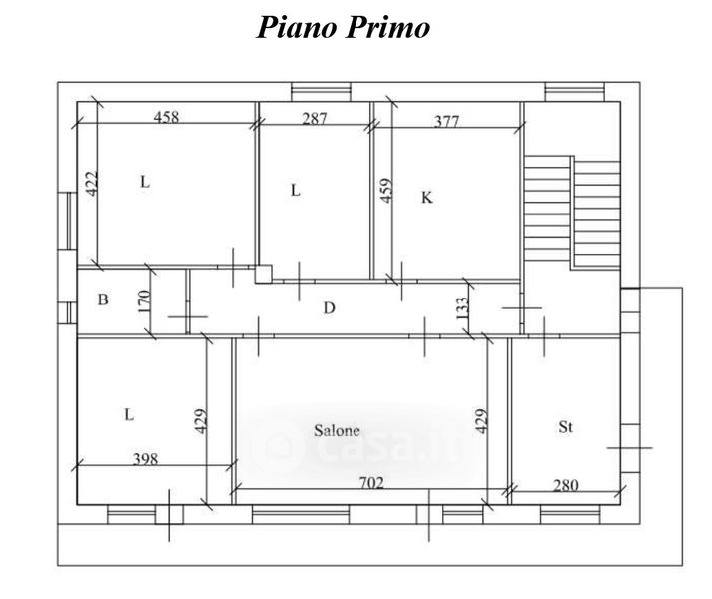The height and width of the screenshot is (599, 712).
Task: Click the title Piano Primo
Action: [x=344, y=27]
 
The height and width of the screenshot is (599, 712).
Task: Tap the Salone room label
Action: [x=337, y=430]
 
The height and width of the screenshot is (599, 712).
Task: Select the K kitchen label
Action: [x=427, y=198]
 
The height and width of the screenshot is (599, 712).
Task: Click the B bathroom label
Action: [x=103, y=299]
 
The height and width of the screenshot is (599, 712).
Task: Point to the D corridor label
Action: [x=330, y=308]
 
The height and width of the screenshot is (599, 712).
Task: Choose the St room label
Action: [x=566, y=427]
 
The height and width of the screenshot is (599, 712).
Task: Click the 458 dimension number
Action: [x=166, y=117]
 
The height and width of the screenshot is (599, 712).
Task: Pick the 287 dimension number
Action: [x=315, y=119]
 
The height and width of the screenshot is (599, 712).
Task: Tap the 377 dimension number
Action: [x=446, y=121]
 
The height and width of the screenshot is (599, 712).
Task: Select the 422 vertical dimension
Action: [x=92, y=184]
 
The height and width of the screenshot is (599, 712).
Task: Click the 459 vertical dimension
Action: [x=386, y=191]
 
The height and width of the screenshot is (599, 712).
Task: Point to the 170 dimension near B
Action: [x=144, y=301]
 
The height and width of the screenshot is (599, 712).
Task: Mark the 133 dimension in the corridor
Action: [x=462, y=308]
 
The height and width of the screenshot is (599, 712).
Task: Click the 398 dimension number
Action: [x=146, y=459]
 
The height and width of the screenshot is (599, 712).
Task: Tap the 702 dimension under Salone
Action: [x=371, y=483]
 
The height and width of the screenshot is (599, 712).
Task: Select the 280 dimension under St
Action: [x=566, y=486]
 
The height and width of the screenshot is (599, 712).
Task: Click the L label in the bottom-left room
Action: [x=129, y=414]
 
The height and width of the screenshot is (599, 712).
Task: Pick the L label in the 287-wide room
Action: [x=296, y=190]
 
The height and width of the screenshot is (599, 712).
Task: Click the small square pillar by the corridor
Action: [x=263, y=274]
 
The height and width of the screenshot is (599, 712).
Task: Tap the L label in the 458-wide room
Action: [x=145, y=182]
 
